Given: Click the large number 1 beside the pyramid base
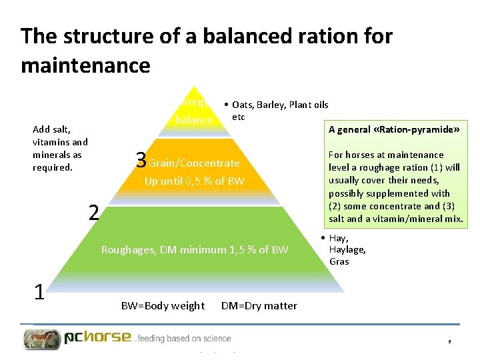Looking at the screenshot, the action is (x=40, y=292).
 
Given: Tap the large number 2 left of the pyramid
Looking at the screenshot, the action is (x=95, y=213).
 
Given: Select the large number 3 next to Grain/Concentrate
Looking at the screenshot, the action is (x=140, y=160).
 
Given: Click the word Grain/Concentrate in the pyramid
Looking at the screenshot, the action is (x=194, y=163).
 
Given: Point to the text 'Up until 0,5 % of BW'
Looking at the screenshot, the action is (x=195, y=181).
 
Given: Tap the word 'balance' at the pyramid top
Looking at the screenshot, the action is (x=193, y=120).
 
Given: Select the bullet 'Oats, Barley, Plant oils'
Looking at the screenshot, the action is (x=280, y=105).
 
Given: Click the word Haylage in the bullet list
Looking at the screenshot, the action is (x=347, y=250).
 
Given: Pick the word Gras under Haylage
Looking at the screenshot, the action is (x=339, y=261).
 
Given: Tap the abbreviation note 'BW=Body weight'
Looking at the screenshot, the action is (x=163, y=306).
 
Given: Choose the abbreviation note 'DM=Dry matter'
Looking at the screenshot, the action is (x=259, y=306).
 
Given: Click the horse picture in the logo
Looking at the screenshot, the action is (x=42, y=339).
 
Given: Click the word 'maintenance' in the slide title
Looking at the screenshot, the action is (x=85, y=65).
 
